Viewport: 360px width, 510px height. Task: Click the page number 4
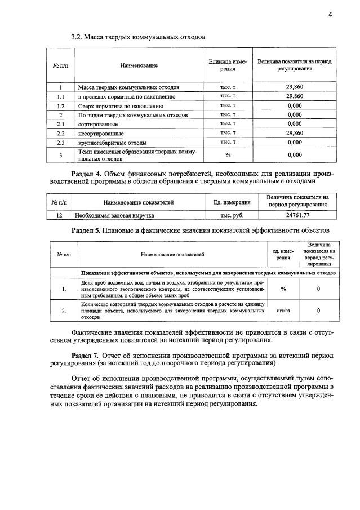pyautogui.click(x=330, y=14)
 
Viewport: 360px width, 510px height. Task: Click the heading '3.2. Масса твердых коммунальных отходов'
pyautogui.click(x=138, y=37)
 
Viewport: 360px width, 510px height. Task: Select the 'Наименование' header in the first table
pyautogui.click(x=139, y=65)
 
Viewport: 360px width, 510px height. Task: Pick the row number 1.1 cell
pyautogui.click(x=60, y=97)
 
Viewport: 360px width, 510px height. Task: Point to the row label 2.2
pyautogui.click(x=61, y=133)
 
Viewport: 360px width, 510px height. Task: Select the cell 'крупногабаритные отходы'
pyautogui.click(x=112, y=142)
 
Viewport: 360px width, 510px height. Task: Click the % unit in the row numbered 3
pyautogui.click(x=228, y=154)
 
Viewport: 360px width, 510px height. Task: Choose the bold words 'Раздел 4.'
pyautogui.click(x=87, y=173)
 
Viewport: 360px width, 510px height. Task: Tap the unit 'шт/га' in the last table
pyautogui.click(x=283, y=310)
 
